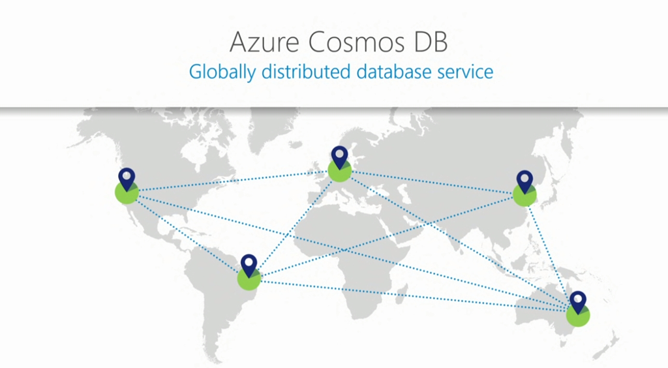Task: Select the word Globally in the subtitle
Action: coord(222,71)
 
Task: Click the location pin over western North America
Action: coord(127,179)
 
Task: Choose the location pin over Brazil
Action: coord(249,265)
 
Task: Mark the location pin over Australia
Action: coord(578,301)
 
